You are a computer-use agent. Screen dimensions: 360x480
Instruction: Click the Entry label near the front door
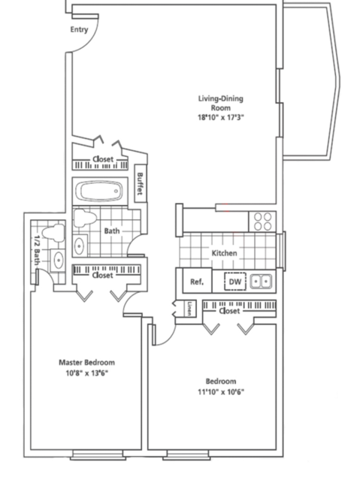coord(79,29)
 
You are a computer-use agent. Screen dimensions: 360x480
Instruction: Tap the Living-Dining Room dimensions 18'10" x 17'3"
coord(221,117)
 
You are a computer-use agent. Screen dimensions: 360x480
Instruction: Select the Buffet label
coord(141,184)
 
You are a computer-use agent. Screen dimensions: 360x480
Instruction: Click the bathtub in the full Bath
coord(101,191)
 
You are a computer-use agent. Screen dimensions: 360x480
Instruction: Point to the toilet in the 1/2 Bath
coord(54,232)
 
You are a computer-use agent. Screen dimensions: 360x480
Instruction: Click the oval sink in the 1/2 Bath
coord(58,261)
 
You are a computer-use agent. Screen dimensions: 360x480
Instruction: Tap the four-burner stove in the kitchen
coord(262,222)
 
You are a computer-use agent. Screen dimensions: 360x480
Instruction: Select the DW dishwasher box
coord(235,282)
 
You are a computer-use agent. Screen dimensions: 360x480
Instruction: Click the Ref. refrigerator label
coord(197,282)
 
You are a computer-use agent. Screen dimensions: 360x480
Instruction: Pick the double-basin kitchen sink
coord(261,281)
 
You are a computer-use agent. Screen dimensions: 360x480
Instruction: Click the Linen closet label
coord(190,308)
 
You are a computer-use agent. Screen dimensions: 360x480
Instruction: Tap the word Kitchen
coord(224,253)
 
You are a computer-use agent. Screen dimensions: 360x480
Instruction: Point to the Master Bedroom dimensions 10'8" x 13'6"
coord(87,373)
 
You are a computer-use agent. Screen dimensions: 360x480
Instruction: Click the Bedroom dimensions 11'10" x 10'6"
coord(221,392)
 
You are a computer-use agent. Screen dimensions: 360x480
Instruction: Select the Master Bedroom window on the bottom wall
coord(98,454)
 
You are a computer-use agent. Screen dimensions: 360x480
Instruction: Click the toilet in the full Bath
coord(86,218)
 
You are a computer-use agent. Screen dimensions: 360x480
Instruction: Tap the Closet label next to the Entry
coord(103,159)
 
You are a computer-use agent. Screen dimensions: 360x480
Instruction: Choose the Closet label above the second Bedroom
coord(229,311)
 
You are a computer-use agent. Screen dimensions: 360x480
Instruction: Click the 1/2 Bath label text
coord(37,250)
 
